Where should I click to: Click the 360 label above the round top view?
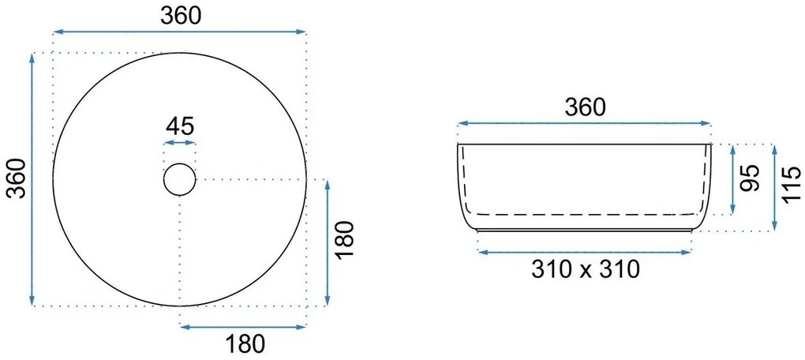(180, 16)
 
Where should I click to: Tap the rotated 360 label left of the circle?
(19, 178)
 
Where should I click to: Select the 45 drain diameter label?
(180, 126)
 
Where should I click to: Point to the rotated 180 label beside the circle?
(343, 239)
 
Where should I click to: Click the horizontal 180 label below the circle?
(245, 344)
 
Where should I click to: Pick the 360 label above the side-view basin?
(586, 107)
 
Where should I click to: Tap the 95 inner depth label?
(750, 178)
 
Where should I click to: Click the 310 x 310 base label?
(586, 269)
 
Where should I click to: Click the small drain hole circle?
(180, 163)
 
